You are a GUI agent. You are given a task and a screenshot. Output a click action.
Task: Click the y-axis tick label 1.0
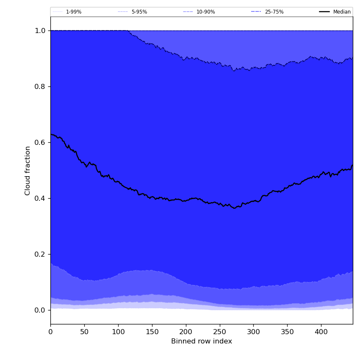coord(40,30)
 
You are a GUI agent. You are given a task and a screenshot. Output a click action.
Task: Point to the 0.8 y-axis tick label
coord(40,86)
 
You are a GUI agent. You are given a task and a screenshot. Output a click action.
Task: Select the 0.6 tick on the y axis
coord(40,142)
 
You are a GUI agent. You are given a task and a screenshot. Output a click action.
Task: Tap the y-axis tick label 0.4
coord(40,198)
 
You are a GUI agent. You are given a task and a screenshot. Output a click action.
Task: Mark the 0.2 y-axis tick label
coord(40,254)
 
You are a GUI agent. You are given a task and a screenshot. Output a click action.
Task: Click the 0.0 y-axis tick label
coord(40,310)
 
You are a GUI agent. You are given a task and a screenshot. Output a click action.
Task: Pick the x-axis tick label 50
coord(84,332)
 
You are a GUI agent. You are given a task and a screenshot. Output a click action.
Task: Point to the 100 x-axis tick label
coord(118,332)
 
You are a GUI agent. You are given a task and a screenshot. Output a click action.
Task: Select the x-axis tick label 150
coord(152,332)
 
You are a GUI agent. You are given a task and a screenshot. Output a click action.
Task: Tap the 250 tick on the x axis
coord(219,332)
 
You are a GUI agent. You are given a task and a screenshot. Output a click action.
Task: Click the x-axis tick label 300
coord(253,332)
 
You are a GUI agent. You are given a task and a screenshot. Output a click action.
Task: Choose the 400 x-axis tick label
coord(321,332)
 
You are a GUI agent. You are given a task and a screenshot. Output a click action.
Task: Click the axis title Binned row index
coord(202,341)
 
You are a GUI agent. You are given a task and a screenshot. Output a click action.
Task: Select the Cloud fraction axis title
coord(28,170)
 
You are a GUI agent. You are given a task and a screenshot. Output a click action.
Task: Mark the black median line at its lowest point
coord(235,208)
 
